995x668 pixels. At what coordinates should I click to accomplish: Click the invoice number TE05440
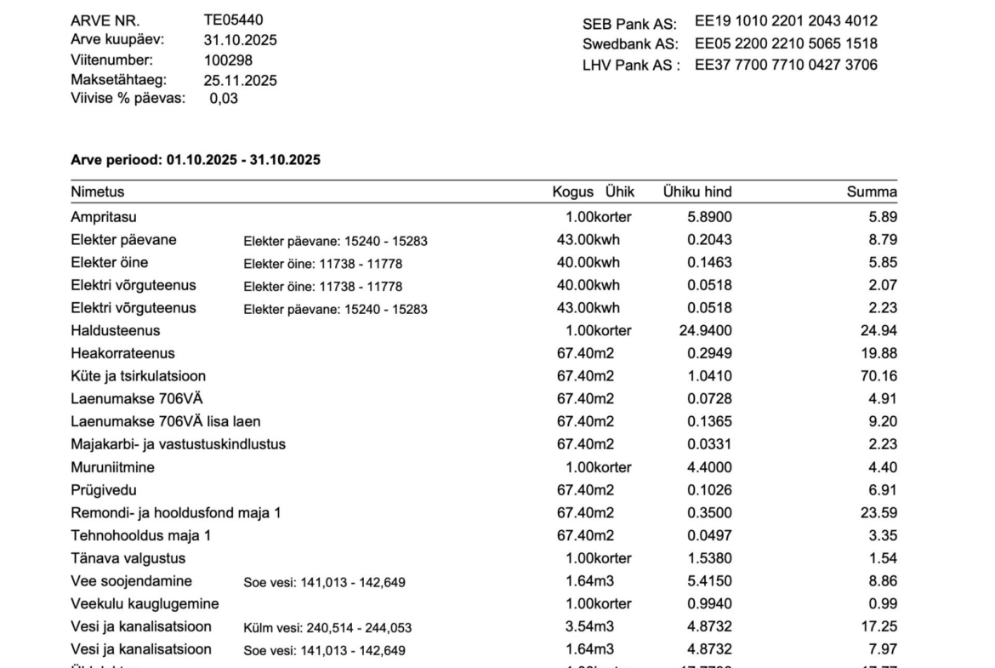pos(233,20)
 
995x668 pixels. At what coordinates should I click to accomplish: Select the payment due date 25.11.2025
pos(240,81)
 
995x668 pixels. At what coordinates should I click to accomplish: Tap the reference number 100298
pos(228,60)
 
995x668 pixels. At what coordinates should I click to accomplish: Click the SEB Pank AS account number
pos(786,21)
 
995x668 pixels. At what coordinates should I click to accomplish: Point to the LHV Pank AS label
pos(630,66)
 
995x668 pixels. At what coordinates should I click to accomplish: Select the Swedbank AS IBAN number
pos(786,43)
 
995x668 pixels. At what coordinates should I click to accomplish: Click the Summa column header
pos(871,192)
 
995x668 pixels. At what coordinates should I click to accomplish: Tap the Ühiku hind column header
pos(696,192)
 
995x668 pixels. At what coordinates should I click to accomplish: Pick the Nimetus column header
pos(97,192)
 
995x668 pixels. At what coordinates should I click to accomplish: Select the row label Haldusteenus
pos(115,330)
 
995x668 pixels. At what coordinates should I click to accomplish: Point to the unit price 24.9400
pos(705,330)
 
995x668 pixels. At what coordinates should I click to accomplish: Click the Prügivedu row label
pos(103,490)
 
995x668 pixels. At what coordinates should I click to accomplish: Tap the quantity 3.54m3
pos(590,627)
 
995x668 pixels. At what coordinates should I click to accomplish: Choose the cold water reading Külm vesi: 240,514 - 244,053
pos(327,628)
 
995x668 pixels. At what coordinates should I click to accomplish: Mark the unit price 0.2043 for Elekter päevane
pos(708,240)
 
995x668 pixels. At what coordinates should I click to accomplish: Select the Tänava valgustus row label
pos(128,558)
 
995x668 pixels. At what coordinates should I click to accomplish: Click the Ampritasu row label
pos(103,217)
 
